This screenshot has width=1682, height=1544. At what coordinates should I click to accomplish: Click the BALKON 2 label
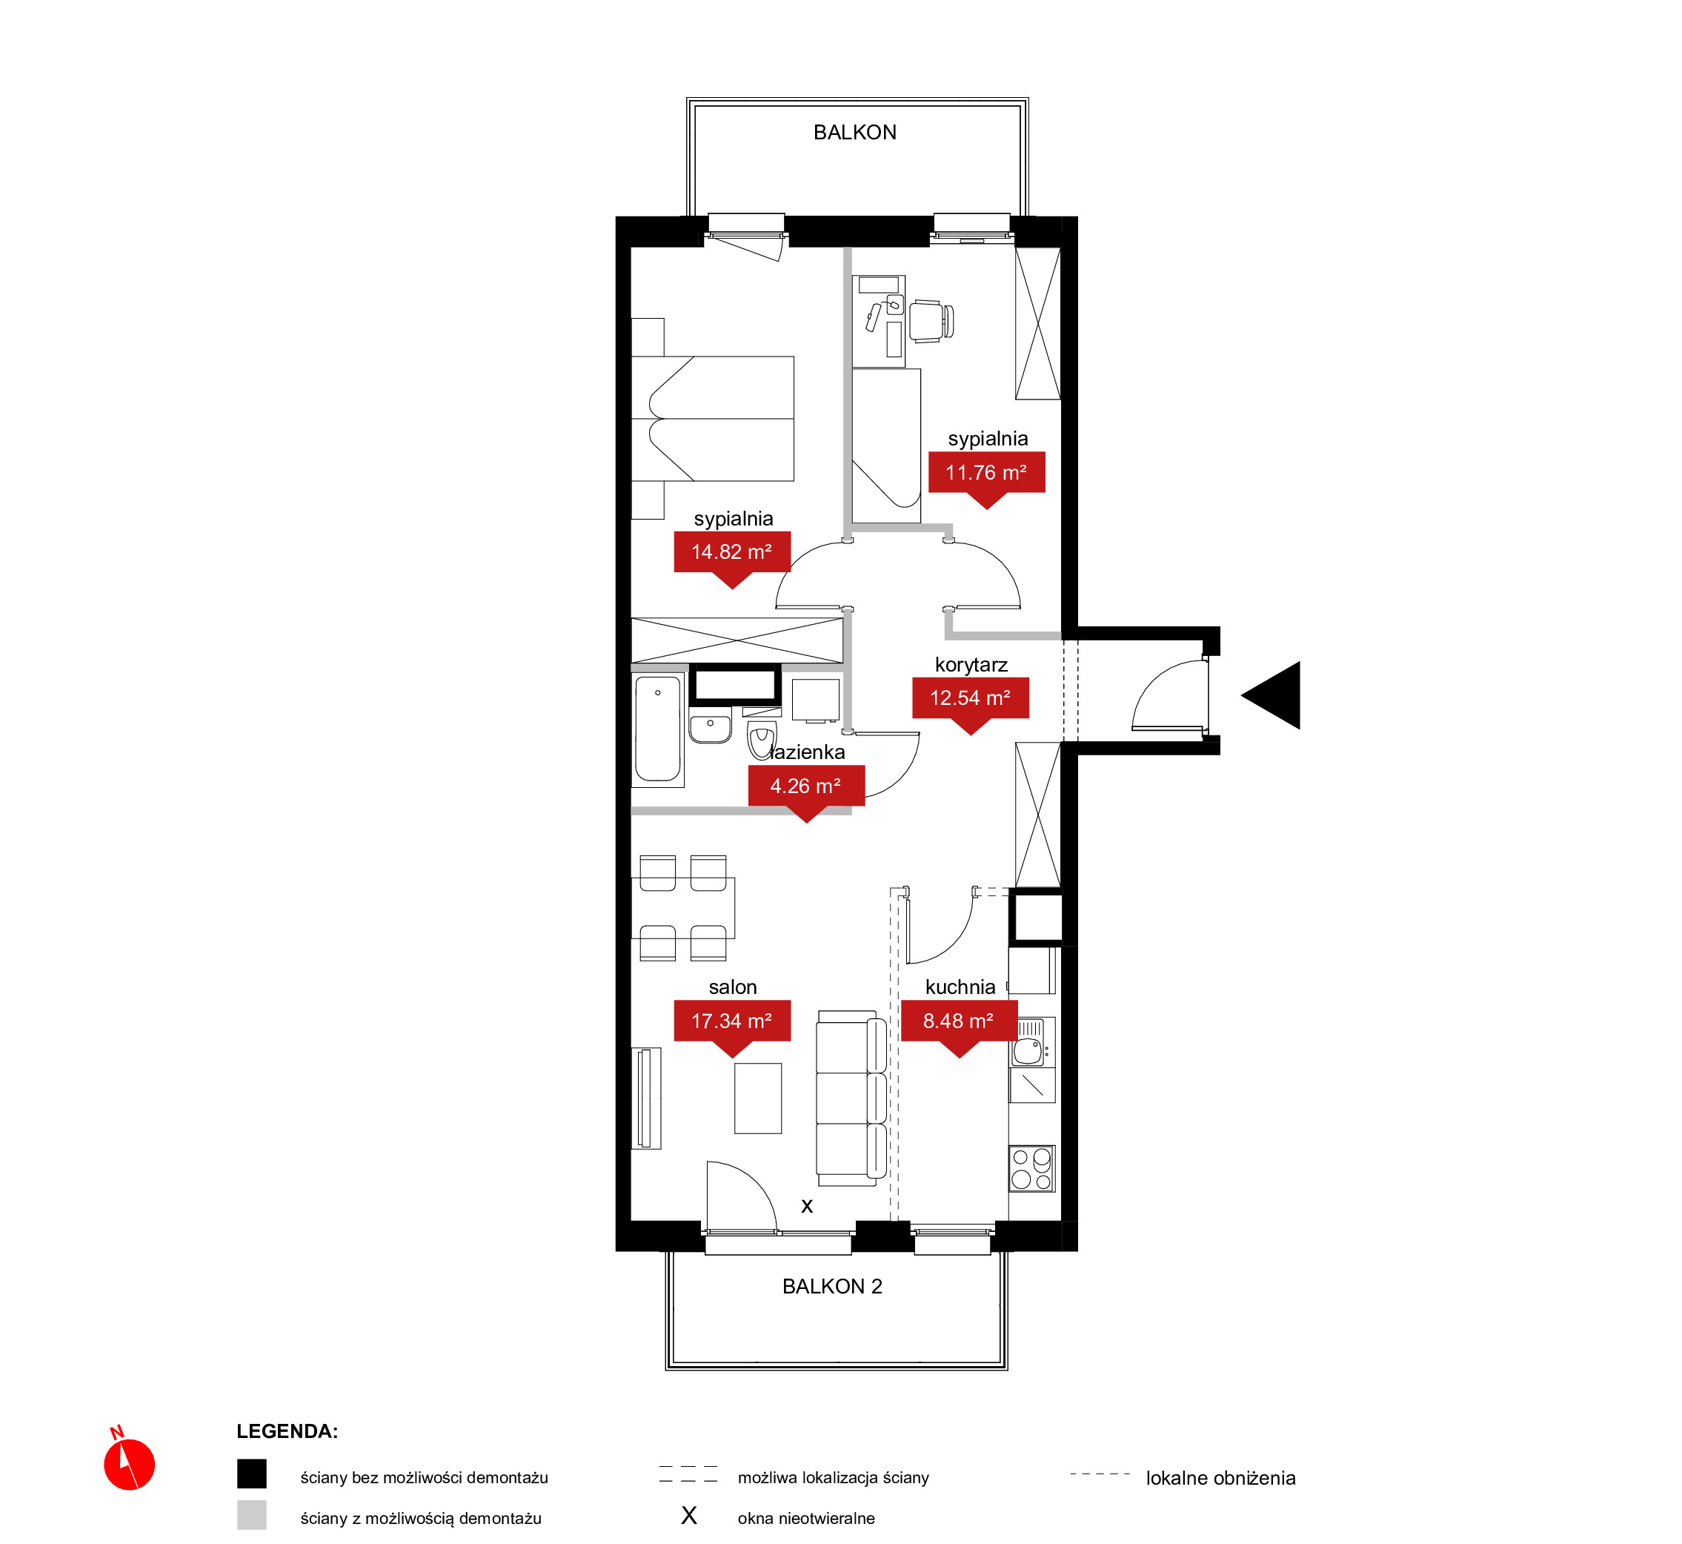coord(832,1286)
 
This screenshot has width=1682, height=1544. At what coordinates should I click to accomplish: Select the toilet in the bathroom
coord(761,741)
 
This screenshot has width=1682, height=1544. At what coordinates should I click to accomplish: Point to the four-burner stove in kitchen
coord(1031,1168)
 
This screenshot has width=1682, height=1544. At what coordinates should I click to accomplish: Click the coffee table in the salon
coord(757,1098)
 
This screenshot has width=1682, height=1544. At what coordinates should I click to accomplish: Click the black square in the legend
coord(251,1474)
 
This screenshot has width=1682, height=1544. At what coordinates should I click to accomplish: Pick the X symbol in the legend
coord(689,1516)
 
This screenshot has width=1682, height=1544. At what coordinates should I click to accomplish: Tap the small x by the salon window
coord(807,1205)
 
